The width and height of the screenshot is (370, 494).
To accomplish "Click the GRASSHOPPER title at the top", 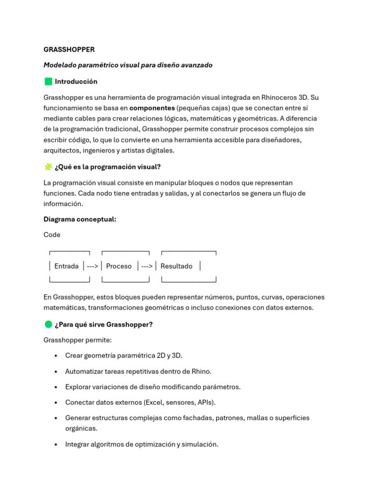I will point(69,50).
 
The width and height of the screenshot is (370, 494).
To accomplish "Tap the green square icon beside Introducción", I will point(48,82).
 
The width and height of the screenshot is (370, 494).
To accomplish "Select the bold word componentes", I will point(152,108).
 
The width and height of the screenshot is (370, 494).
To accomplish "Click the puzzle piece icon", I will point(48,167).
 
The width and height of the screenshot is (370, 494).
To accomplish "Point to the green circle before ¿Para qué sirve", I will point(48,325).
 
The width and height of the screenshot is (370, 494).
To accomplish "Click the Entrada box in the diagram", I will point(66,266).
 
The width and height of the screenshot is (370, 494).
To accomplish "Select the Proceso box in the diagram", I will point(119,266).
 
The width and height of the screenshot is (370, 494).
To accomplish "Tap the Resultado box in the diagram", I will point(176,266).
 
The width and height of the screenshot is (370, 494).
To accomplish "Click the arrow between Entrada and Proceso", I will point(92,266).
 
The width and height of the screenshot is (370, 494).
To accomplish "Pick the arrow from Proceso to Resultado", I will point(147,266).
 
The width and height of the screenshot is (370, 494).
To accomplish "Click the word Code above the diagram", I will point(52,235).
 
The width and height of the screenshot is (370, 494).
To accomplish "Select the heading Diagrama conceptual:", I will point(79,220).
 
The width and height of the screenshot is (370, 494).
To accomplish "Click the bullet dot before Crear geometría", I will point(56,356).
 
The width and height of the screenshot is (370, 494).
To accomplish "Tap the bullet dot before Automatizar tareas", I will point(56,371).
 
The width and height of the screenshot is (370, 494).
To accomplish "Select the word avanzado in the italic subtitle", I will point(196,65).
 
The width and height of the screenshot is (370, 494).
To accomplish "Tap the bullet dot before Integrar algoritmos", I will point(56,445).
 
